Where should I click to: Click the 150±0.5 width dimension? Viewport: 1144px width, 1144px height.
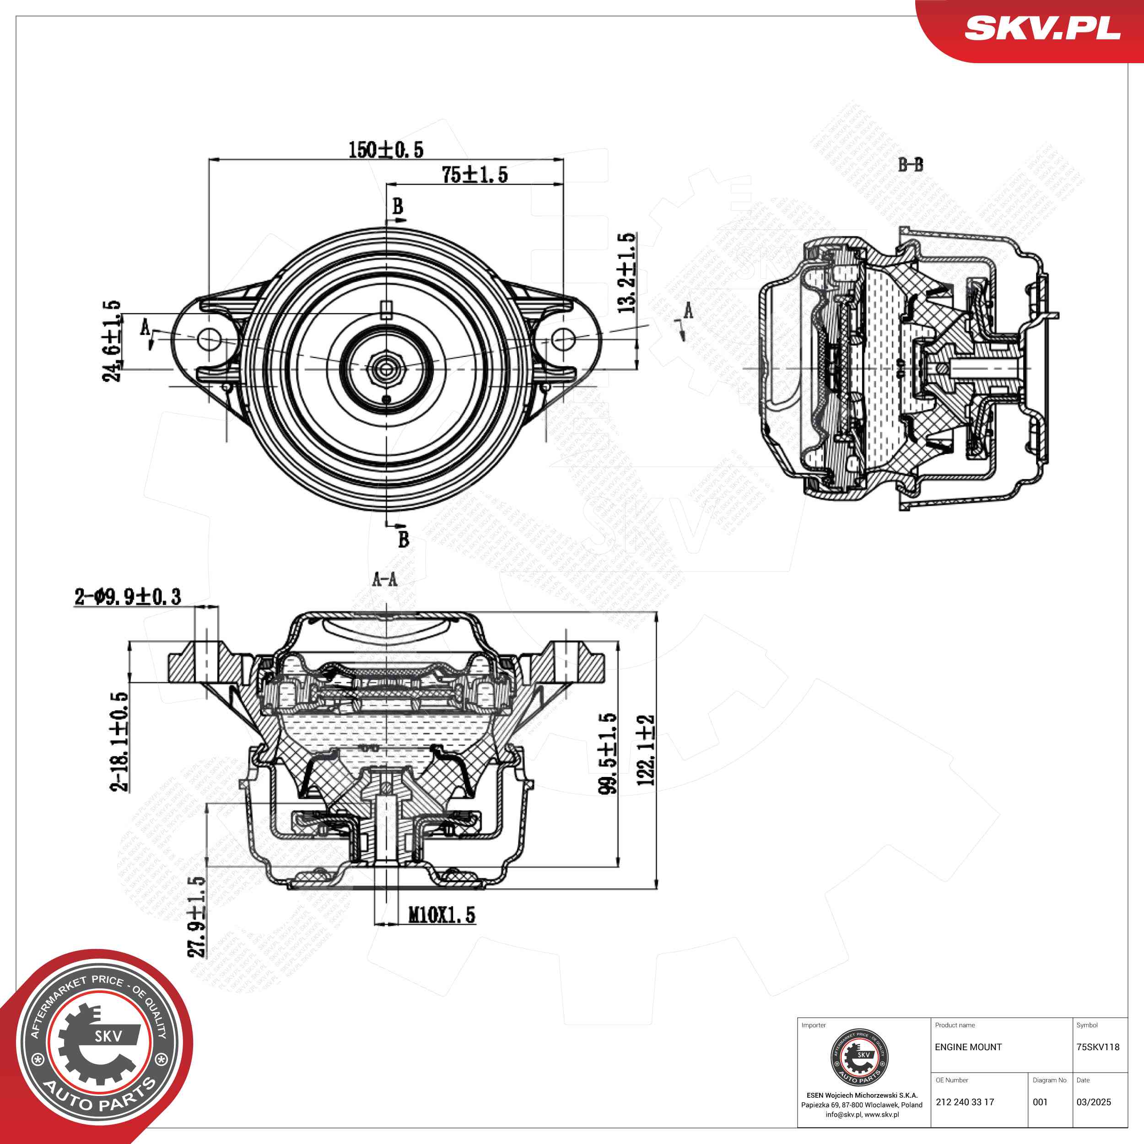385,150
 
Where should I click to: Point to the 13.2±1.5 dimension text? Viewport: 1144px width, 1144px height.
626,272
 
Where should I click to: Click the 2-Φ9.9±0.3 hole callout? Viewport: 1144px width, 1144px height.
128,597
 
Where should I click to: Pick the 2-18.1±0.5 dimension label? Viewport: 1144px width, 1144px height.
119,741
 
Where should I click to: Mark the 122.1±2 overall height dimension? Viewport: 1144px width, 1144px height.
645,750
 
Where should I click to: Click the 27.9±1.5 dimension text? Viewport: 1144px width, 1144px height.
197,917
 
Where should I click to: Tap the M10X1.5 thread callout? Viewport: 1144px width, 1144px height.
442,915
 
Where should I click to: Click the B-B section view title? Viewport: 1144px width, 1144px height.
911,165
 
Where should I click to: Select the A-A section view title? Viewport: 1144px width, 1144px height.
385,579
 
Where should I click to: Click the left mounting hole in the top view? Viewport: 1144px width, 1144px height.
208,339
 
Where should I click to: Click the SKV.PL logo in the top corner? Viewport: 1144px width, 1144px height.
1042,28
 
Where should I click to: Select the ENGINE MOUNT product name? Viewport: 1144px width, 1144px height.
968,1047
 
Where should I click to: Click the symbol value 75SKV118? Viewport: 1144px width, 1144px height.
1098,1047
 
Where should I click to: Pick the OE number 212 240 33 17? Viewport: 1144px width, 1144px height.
965,1102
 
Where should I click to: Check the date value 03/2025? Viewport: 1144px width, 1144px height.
1094,1102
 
